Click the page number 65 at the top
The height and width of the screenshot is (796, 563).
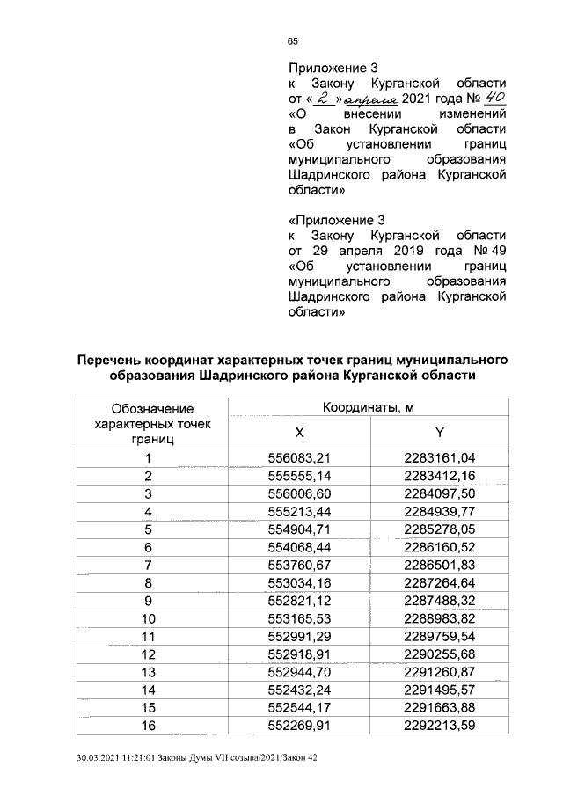pos(293,41)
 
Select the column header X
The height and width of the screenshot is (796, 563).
pos(299,432)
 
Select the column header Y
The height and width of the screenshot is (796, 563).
pos(439,432)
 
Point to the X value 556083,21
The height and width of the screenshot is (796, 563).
pos(299,458)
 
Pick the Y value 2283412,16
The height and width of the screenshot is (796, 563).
pos(439,475)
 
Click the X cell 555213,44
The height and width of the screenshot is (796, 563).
pos(299,511)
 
